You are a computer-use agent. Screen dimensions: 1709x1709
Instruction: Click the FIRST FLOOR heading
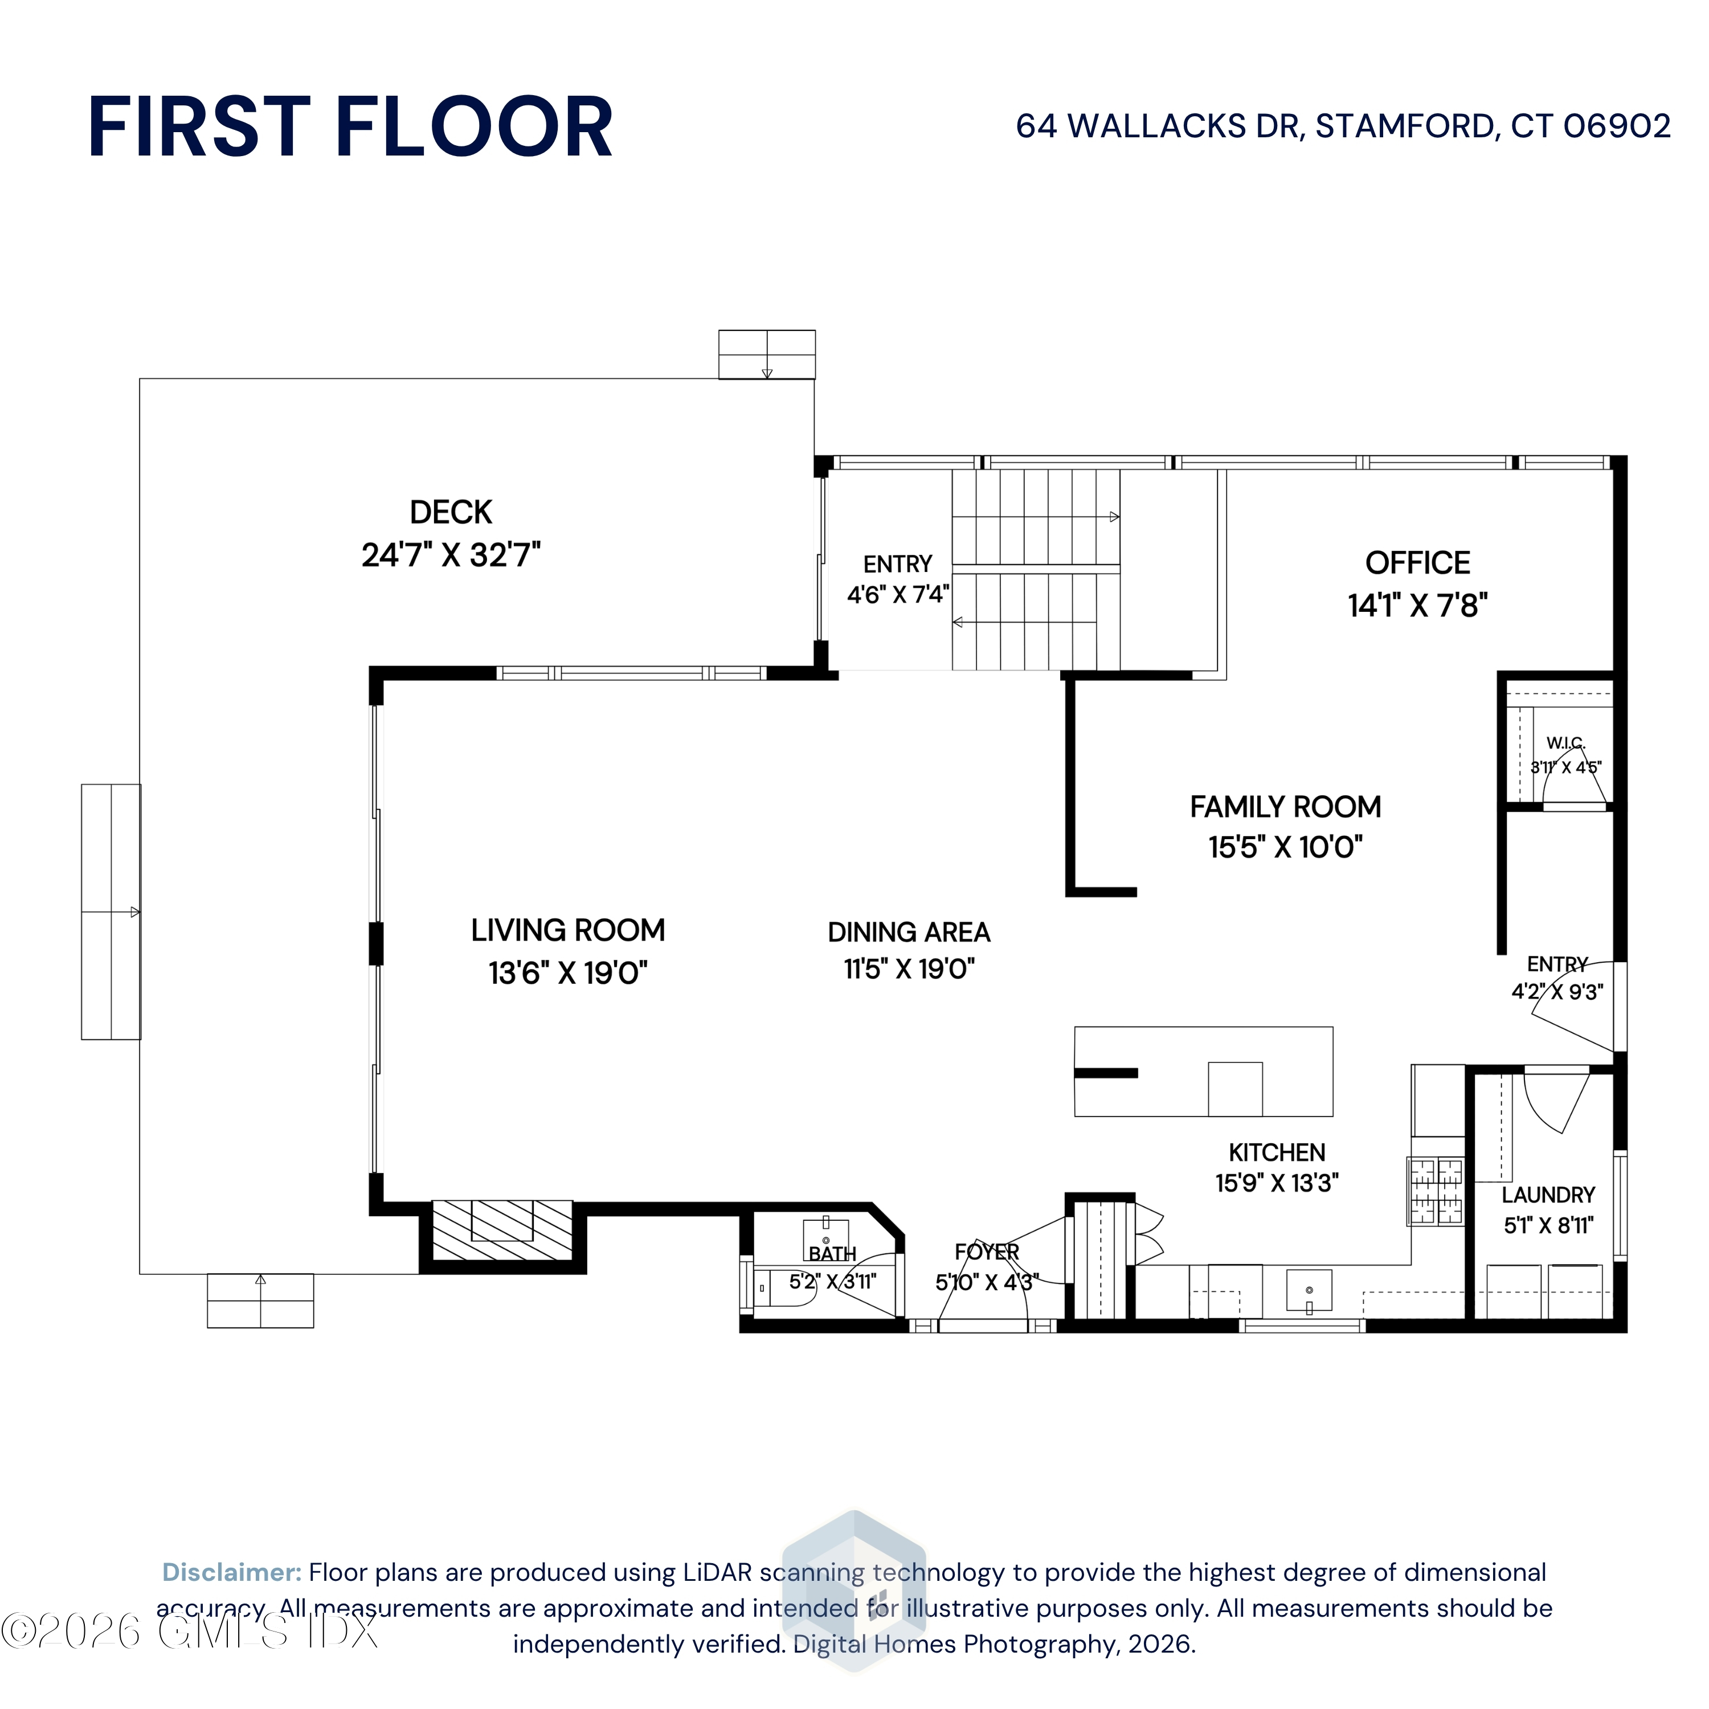pos(350,128)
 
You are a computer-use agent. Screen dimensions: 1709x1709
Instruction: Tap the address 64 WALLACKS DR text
pos(1159,126)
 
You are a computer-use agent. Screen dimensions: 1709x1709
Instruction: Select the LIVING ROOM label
pos(568,931)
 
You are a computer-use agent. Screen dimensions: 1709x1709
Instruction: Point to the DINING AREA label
pos(909,933)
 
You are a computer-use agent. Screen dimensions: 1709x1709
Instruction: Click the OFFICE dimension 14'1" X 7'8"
pos(1417,606)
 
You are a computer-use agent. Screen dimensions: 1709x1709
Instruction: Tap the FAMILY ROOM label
pos(1285,807)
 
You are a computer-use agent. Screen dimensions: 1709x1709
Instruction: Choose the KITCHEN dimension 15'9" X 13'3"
pos(1277,1183)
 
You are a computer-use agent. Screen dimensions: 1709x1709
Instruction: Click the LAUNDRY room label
pos(1548,1195)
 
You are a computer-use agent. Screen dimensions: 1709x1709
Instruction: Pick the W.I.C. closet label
pos(1565,743)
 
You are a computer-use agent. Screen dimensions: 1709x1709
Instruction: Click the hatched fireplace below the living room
pos(501,1230)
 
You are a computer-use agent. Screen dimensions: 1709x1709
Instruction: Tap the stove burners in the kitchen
pos(1437,1192)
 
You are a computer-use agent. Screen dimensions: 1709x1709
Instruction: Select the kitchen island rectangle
pos(1203,1071)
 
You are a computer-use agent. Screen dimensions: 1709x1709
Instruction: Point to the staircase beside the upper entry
pos(1036,570)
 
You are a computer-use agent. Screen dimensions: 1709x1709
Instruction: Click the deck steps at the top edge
pos(767,355)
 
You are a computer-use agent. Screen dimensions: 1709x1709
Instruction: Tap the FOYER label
pos(986,1252)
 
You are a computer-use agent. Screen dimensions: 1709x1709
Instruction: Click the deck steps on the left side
pos(111,912)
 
